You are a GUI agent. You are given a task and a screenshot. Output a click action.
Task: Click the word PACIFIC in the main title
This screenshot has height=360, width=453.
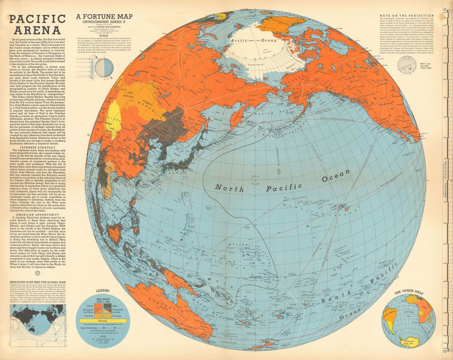tap(37, 19)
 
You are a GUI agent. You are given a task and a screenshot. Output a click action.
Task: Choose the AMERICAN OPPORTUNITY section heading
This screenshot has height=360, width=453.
tap(37, 215)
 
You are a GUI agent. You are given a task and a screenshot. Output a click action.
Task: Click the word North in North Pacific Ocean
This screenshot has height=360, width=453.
tap(230, 188)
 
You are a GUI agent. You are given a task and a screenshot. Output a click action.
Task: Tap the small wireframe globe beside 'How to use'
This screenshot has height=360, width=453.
tap(407, 65)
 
